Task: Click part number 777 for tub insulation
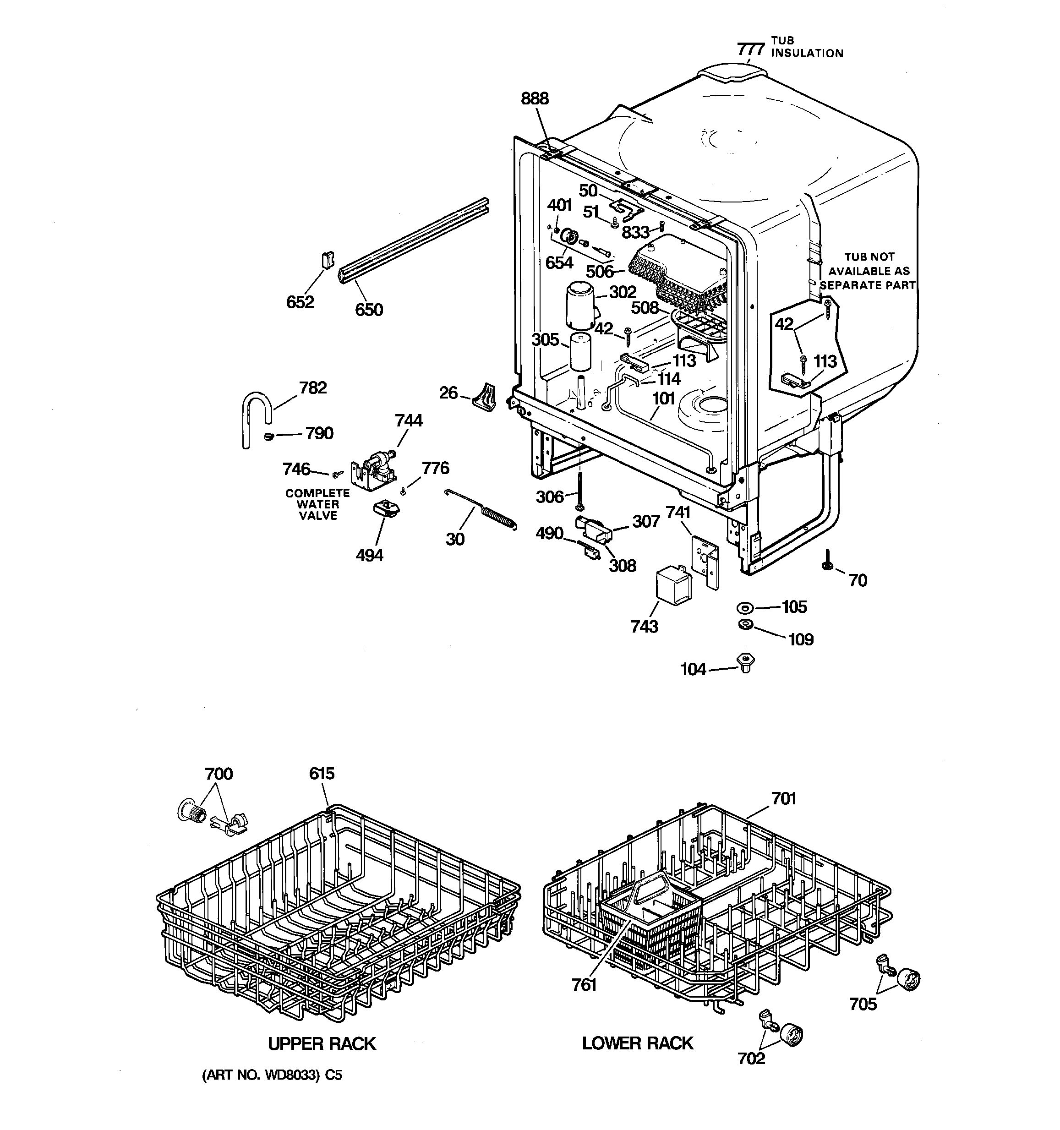point(751,49)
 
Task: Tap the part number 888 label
point(535,99)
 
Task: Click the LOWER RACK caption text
point(638,1043)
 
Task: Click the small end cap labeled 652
point(328,260)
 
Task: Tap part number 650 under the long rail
point(369,310)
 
